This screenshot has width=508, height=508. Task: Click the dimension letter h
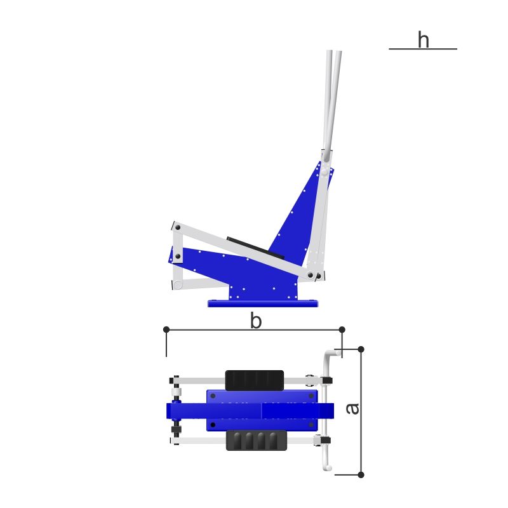point(424,39)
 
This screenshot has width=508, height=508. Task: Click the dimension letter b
point(256,321)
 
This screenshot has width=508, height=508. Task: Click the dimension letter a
point(352,409)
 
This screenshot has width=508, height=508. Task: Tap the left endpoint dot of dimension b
point(166,330)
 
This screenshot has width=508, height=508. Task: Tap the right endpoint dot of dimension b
point(342,330)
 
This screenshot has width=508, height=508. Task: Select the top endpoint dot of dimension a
point(361,349)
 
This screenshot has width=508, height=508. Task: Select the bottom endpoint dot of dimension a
point(361,474)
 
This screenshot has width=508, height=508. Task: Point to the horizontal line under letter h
point(423,49)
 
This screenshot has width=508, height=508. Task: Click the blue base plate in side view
point(263,304)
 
